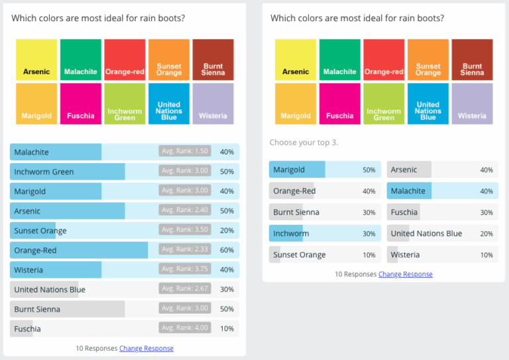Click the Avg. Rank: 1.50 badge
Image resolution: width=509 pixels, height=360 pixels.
(185, 151)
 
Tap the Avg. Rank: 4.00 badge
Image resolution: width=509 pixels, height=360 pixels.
(185, 328)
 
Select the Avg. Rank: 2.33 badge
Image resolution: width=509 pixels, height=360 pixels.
(185, 250)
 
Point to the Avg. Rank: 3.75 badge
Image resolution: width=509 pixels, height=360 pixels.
(185, 269)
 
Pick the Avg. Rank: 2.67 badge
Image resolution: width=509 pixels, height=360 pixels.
(185, 289)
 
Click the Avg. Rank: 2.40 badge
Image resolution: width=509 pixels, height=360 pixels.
(185, 210)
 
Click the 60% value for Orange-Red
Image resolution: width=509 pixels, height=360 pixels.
(227, 250)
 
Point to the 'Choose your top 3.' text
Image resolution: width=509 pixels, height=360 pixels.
(304, 143)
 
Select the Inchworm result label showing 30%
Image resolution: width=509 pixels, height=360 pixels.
(291, 233)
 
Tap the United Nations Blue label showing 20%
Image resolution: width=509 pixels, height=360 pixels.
(426, 233)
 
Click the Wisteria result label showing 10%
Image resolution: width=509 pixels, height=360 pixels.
(405, 255)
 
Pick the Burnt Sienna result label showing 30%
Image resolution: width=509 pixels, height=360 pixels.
(296, 212)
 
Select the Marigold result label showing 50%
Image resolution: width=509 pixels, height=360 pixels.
(289, 170)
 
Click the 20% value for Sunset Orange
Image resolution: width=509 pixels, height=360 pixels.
(227, 230)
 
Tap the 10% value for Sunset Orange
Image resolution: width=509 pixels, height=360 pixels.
(369, 255)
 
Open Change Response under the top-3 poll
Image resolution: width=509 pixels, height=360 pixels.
(405, 274)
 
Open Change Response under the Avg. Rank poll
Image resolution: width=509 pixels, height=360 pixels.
(146, 348)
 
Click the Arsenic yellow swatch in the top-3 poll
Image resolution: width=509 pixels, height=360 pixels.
(296, 60)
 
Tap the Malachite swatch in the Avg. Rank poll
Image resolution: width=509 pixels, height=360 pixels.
(80, 60)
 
